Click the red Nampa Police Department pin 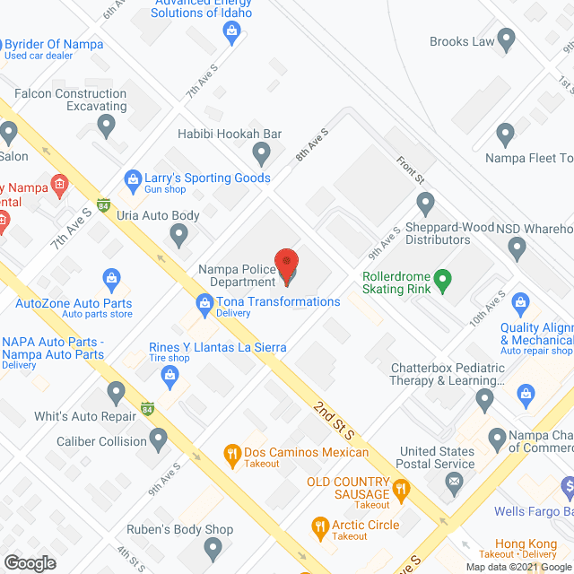pyautogui.click(x=286, y=266)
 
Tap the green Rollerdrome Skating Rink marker pyautogui.click(x=441, y=284)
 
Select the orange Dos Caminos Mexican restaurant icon pyautogui.click(x=231, y=454)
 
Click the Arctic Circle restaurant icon pyautogui.click(x=317, y=525)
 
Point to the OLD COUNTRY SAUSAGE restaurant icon pyautogui.click(x=402, y=490)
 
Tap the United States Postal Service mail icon pyautogui.click(x=455, y=483)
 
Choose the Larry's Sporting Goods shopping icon pyautogui.click(x=133, y=179)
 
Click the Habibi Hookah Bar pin pyautogui.click(x=261, y=154)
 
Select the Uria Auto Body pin pyautogui.click(x=178, y=235)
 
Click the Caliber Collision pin pyautogui.click(x=159, y=439)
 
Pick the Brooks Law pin pyautogui.click(x=506, y=39)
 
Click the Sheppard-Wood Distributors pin pyautogui.click(x=421, y=202)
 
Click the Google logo pyautogui.click(x=29, y=562)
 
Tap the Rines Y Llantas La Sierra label pyautogui.click(x=218, y=347)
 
